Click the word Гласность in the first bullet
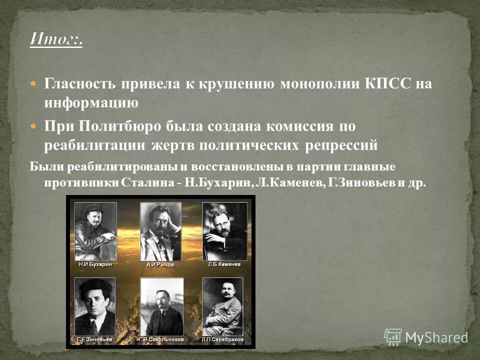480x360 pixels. (79, 83)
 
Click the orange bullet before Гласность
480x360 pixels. (33, 83)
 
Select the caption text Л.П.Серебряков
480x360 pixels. (223, 339)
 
